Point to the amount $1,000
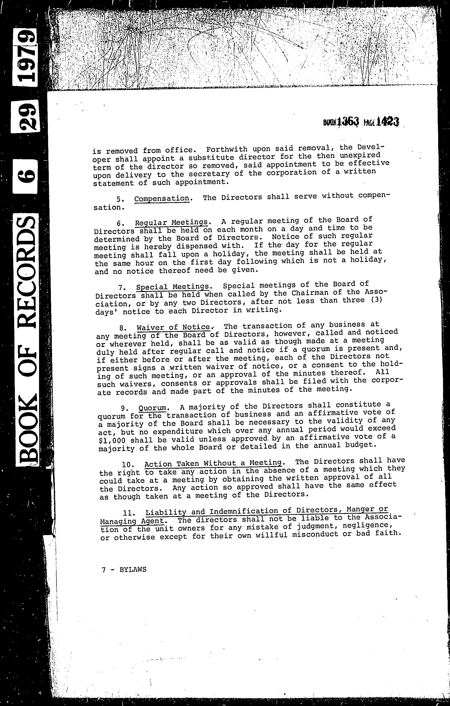(113, 441)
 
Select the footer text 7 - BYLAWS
(124, 570)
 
